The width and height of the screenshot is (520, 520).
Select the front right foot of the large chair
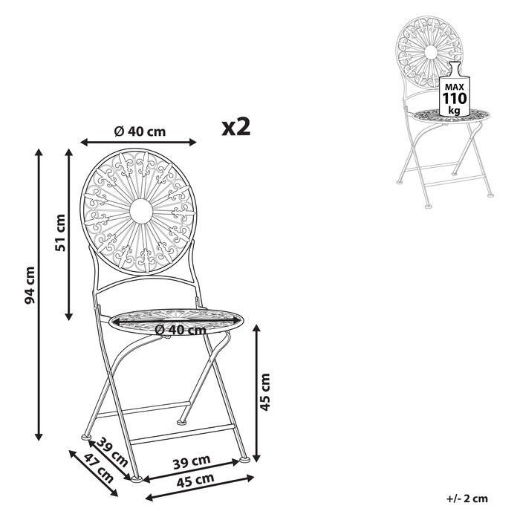click(x=243, y=461)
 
